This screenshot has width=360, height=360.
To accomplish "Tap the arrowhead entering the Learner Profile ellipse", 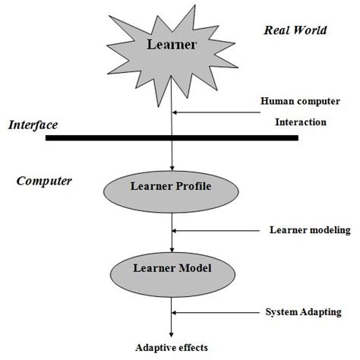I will click(174, 169).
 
